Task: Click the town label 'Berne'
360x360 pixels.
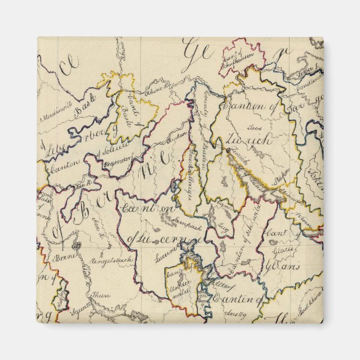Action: [x=61, y=258]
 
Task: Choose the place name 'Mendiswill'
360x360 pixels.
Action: [x=55, y=117]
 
